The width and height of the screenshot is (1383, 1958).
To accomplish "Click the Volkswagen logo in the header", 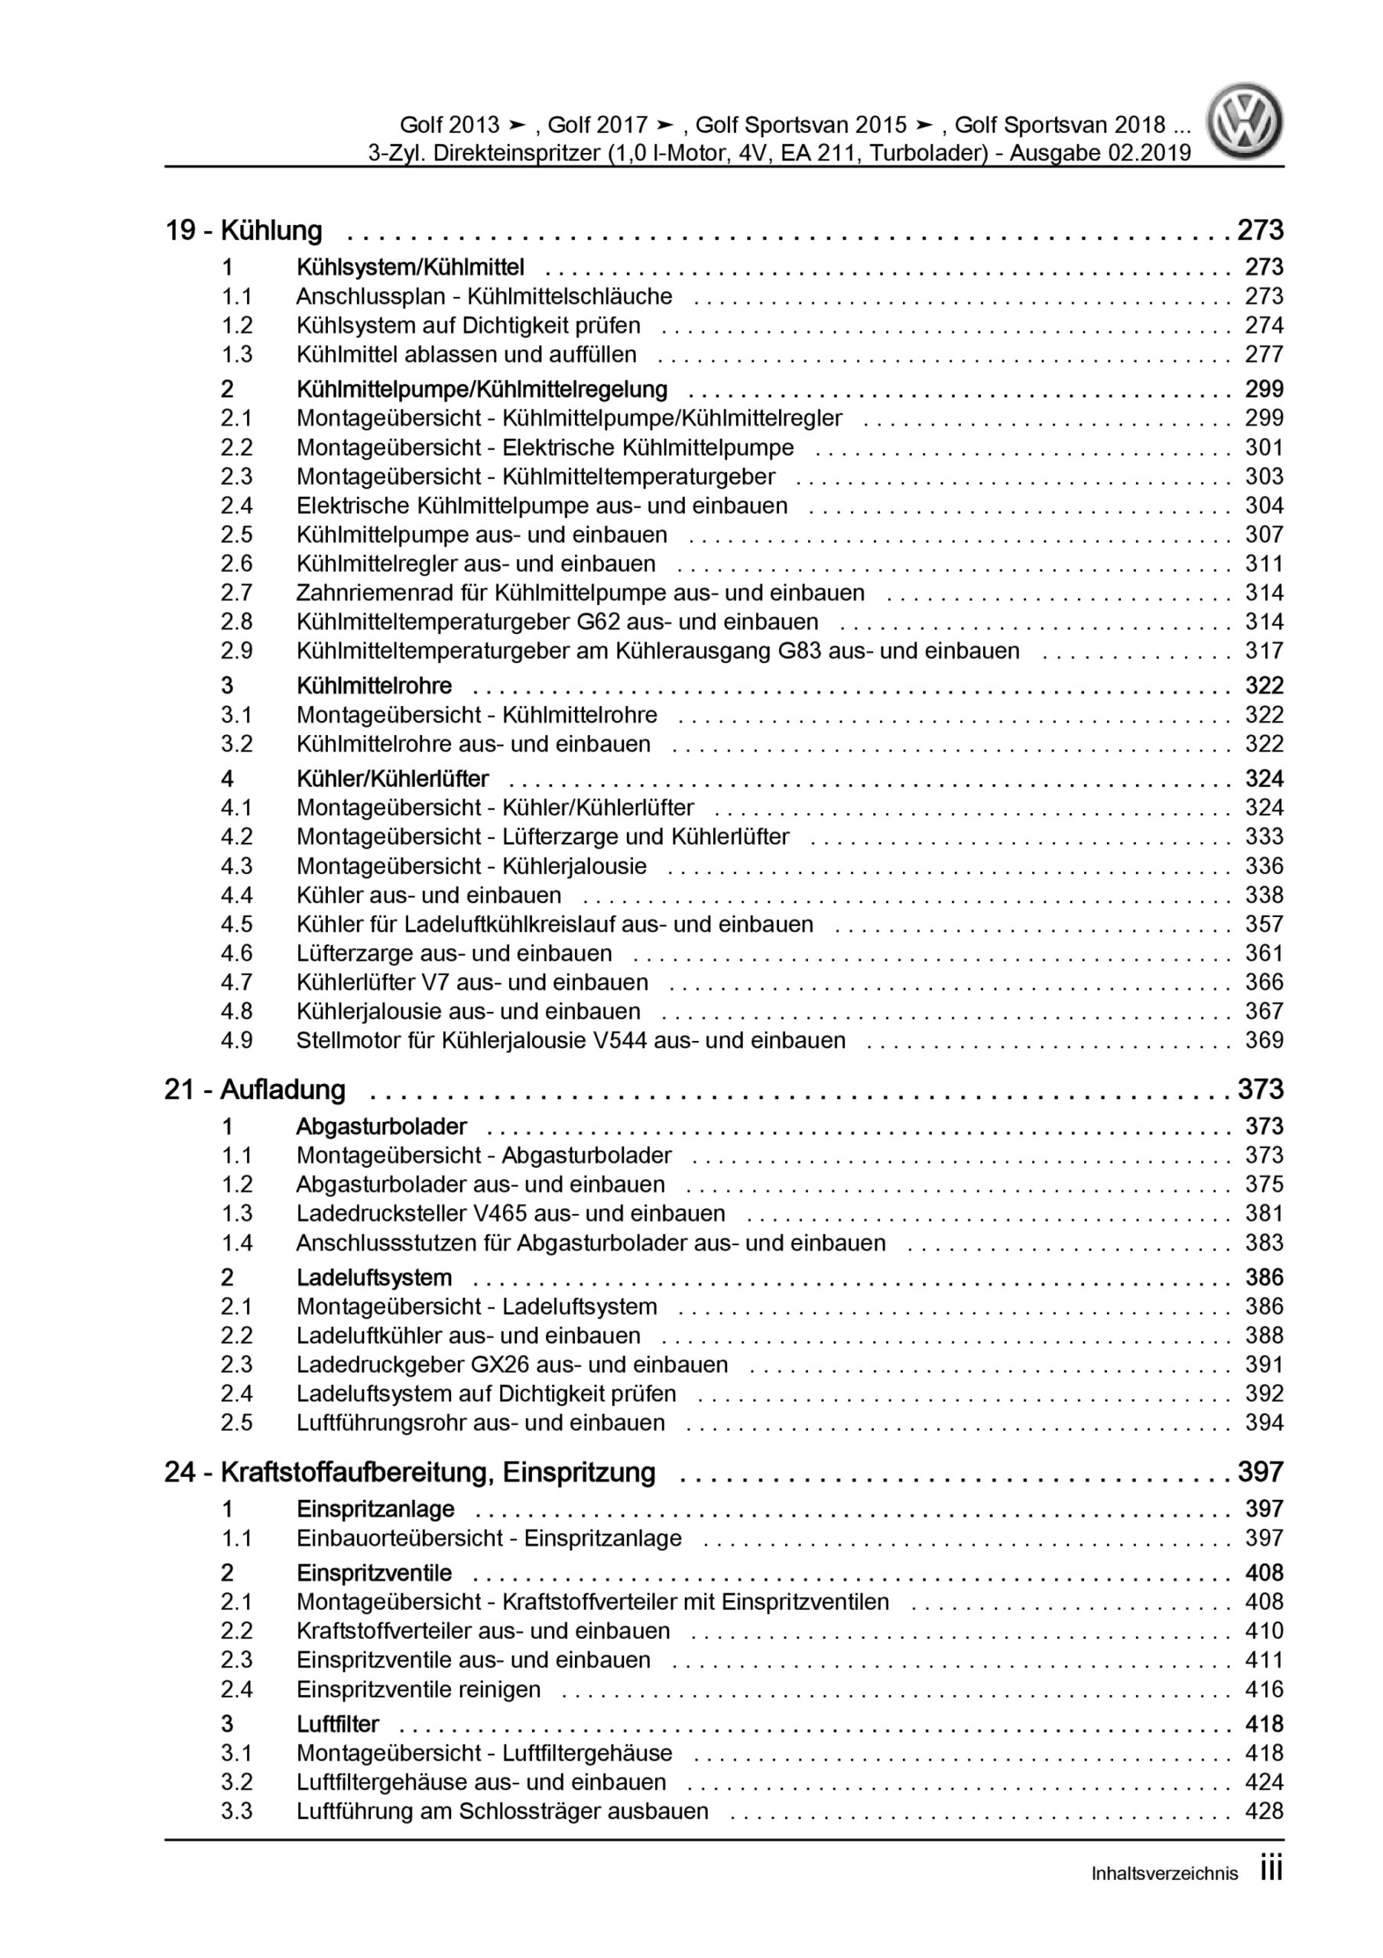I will (1244, 121).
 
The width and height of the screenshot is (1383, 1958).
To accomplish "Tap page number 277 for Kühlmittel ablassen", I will (1264, 355).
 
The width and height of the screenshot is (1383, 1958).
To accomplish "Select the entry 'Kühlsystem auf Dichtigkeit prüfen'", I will (468, 326).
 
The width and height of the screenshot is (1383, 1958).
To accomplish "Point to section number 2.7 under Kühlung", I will (236, 593).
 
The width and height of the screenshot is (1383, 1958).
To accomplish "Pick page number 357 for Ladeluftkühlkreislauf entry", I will (1264, 925).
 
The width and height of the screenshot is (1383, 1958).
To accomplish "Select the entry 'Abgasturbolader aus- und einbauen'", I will (480, 1185).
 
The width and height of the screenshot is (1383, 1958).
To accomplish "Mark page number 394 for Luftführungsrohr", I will (1264, 1423).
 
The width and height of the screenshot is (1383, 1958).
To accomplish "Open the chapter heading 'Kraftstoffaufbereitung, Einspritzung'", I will (437, 1473).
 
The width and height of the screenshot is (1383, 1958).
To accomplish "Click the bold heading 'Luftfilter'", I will (338, 1724).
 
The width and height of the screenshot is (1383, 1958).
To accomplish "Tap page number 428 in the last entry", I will (1264, 1811).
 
